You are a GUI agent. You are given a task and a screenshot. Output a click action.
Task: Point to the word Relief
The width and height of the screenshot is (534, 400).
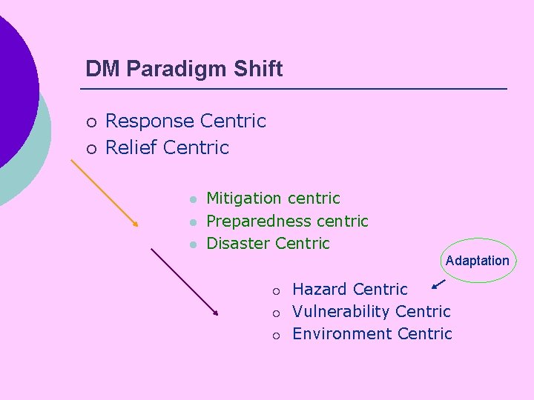coord(132,147)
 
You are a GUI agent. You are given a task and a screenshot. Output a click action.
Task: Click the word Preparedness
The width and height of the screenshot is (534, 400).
coord(259,221)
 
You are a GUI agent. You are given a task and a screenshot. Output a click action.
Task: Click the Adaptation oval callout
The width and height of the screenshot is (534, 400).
coord(477,261)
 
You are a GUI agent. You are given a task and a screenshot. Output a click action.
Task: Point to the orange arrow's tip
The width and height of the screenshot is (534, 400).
coord(138,225)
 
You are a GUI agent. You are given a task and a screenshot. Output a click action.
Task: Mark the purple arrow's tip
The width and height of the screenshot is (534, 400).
coord(217,315)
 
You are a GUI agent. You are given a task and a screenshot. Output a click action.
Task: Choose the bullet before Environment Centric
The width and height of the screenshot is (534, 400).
coord(275,336)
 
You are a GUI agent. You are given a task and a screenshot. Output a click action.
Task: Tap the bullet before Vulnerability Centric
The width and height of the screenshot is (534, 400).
coord(275,313)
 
